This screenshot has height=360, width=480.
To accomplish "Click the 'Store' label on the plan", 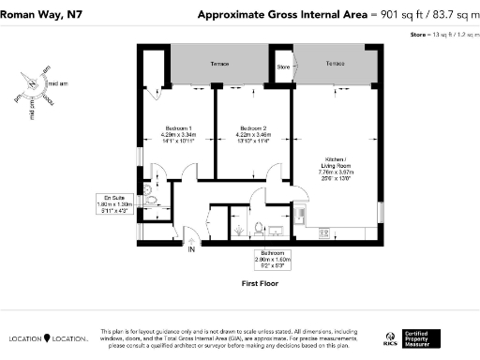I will point(284,66).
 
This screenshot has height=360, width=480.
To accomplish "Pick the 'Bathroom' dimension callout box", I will point(273,256).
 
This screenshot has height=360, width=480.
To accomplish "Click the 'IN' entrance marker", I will point(192,249).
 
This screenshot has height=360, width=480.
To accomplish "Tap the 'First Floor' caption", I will point(260,282).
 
